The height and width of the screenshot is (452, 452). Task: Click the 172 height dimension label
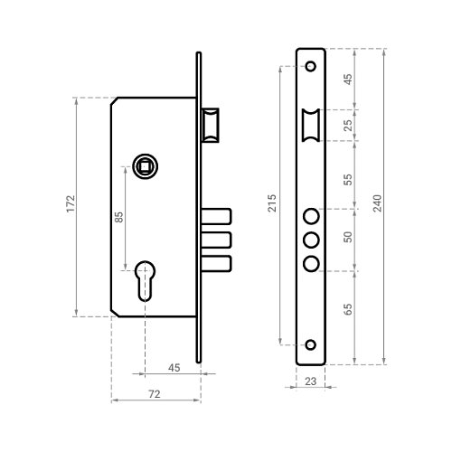pyautogui.click(x=71, y=203)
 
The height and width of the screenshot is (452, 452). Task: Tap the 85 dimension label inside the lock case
pyautogui.click(x=119, y=217)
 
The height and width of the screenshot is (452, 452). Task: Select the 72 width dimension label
pyautogui.click(x=155, y=394)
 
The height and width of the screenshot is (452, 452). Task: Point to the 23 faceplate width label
pyautogui.click(x=310, y=381)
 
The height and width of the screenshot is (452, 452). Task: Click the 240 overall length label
pyautogui.click(x=377, y=203)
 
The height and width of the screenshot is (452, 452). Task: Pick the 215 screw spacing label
pyautogui.click(x=272, y=203)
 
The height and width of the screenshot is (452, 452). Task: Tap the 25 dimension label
pyautogui.click(x=348, y=126)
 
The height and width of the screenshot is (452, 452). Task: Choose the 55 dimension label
pyautogui.click(x=348, y=180)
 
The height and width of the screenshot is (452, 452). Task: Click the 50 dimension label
pyautogui.click(x=348, y=237)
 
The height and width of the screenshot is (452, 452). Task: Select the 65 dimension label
pyautogui.click(x=348, y=309)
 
